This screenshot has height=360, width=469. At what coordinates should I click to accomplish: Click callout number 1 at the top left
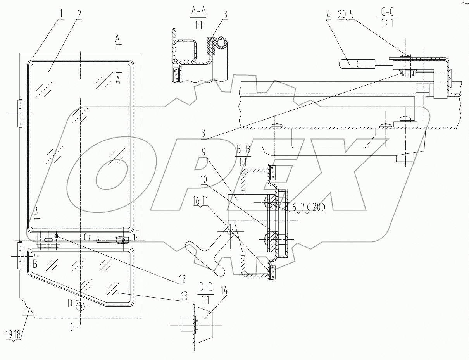(61, 14)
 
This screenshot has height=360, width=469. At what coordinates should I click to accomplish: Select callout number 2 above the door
(79, 14)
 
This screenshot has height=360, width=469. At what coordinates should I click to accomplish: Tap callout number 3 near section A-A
(226, 14)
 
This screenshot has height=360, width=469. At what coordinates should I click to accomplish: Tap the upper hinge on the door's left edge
(20, 114)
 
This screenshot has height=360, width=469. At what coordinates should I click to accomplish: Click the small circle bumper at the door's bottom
(80, 307)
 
